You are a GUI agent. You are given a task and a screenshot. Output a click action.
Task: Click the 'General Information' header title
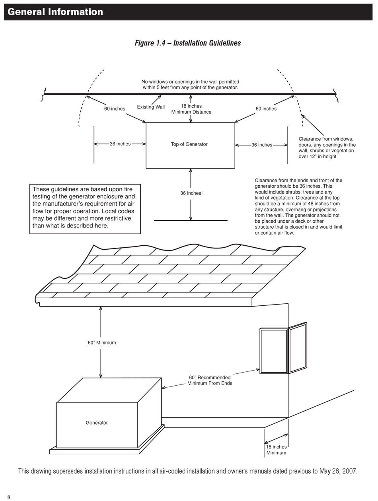pyautogui.click(x=55, y=12)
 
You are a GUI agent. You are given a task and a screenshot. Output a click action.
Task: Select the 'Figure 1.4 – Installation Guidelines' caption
pyautogui.click(x=188, y=43)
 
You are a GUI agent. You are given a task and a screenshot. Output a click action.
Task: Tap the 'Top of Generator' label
pyautogui.click(x=189, y=144)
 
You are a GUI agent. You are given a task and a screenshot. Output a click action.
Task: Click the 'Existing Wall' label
pyautogui.click(x=151, y=107)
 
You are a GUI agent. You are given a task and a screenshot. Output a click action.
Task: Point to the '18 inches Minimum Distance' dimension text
pyautogui.click(x=191, y=109)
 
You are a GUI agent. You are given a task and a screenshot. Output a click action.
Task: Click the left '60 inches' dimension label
pyautogui.click(x=115, y=109)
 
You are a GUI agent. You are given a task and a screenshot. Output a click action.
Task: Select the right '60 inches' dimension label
pyautogui.click(x=266, y=109)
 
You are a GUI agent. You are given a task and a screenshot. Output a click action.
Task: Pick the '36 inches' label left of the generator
pyautogui.click(x=120, y=144)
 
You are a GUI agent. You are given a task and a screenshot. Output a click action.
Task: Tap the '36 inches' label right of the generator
pyautogui.click(x=262, y=145)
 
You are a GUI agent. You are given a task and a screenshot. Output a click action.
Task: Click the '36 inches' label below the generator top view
pyautogui.click(x=191, y=193)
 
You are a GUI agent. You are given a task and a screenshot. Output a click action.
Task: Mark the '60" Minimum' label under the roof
pyautogui.click(x=102, y=343)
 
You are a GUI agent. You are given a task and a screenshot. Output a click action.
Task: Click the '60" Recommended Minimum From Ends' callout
pyautogui.click(x=210, y=380)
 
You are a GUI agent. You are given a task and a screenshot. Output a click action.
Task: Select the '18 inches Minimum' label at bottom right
pyautogui.click(x=276, y=450)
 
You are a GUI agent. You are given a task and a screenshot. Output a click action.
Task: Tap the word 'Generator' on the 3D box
pyautogui.click(x=97, y=423)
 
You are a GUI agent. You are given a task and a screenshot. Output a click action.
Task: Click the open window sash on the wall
pyautogui.click(x=298, y=348)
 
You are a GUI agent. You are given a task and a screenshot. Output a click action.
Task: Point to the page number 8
pyautogui.click(x=9, y=495)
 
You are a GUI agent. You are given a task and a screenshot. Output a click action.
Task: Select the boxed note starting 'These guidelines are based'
pyautogui.click(x=85, y=209)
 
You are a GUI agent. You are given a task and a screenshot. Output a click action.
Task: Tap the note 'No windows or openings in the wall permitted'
pyautogui.click(x=190, y=82)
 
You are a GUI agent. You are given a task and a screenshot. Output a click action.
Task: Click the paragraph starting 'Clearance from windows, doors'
pyautogui.click(x=327, y=148)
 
